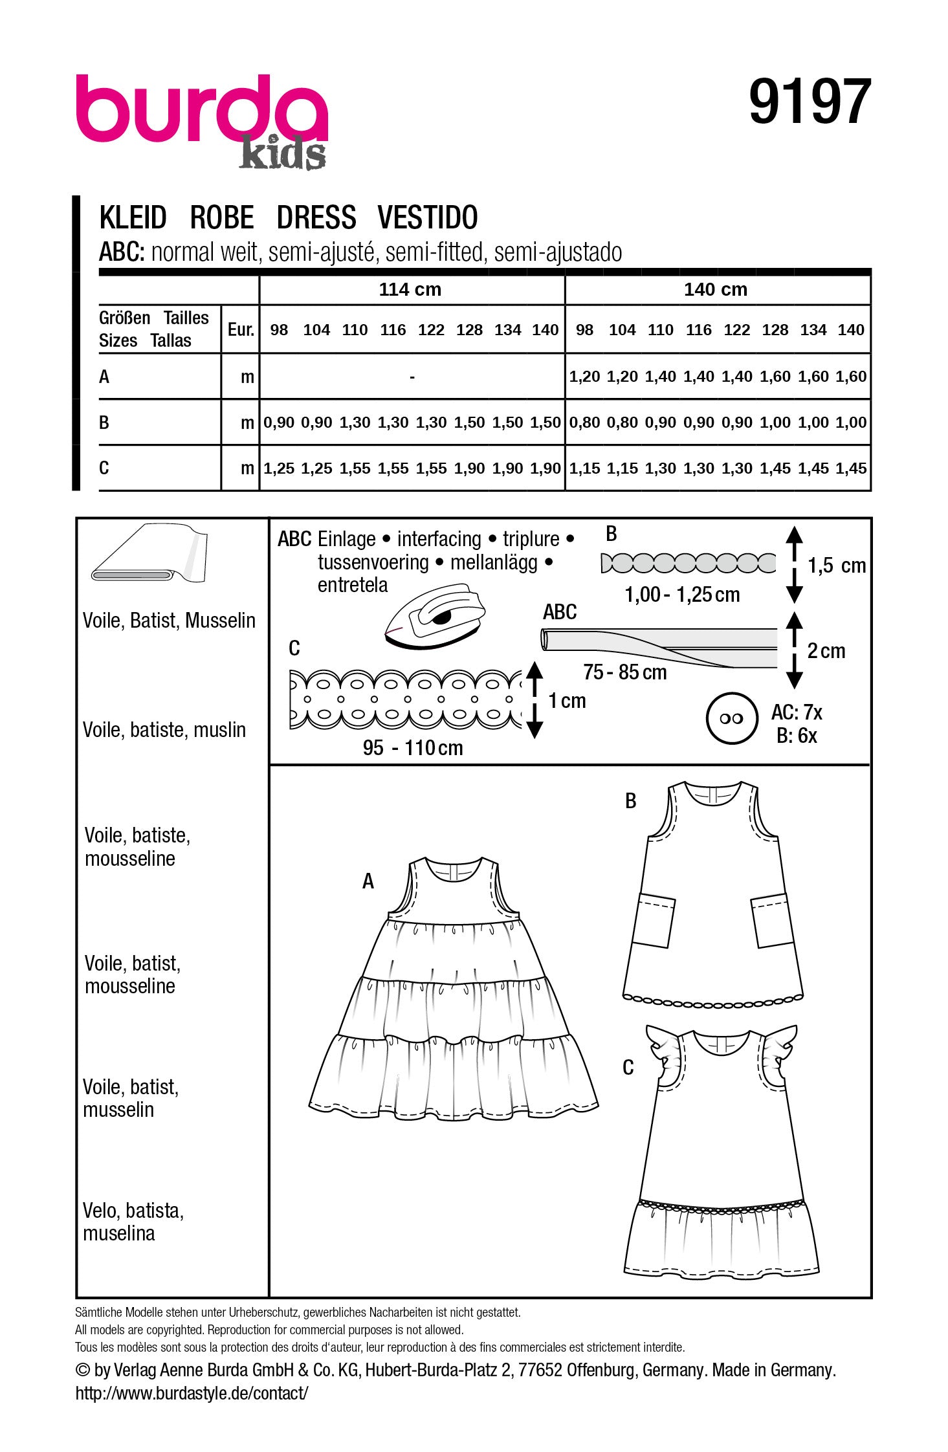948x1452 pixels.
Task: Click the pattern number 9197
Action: [x=810, y=102]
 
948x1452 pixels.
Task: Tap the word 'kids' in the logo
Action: [x=282, y=154]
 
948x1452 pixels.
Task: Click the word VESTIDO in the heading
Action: [x=427, y=217]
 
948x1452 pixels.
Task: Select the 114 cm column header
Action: [x=410, y=289]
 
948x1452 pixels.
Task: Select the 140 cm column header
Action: [x=715, y=289]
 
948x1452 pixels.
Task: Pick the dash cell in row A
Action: [x=412, y=376]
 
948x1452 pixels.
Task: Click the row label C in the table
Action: [x=104, y=467]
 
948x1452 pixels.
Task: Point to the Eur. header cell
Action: [x=241, y=329]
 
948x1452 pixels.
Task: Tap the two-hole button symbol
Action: [x=731, y=718]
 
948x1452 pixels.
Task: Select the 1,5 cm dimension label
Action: [x=836, y=566]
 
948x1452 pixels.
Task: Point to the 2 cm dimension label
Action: [x=826, y=650]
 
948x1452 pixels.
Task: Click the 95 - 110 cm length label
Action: [x=413, y=748]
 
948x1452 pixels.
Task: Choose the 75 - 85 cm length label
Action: [x=624, y=672]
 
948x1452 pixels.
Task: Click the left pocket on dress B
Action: [x=653, y=919]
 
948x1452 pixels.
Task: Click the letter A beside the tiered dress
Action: [x=368, y=881]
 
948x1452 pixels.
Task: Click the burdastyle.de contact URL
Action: [x=192, y=1393]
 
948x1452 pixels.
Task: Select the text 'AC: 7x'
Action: [x=796, y=712]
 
